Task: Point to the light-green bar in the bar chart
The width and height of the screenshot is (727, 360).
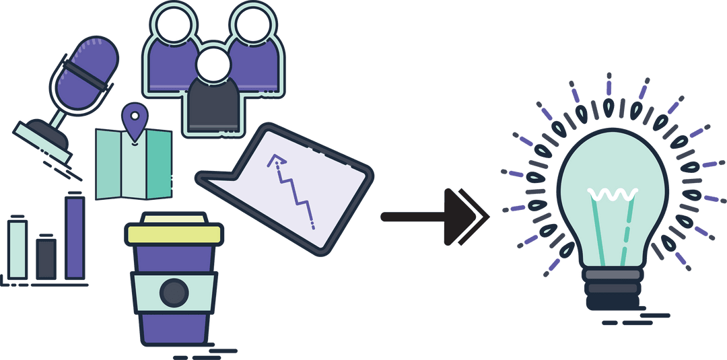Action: pyautogui.click(x=18, y=248)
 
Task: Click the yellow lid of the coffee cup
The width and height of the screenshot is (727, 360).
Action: pyautogui.click(x=174, y=232)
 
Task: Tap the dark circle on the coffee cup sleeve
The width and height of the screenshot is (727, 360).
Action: pyautogui.click(x=174, y=293)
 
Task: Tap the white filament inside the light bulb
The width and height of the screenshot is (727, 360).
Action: pyautogui.click(x=613, y=195)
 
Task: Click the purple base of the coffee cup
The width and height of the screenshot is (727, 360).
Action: pyautogui.click(x=174, y=330)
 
